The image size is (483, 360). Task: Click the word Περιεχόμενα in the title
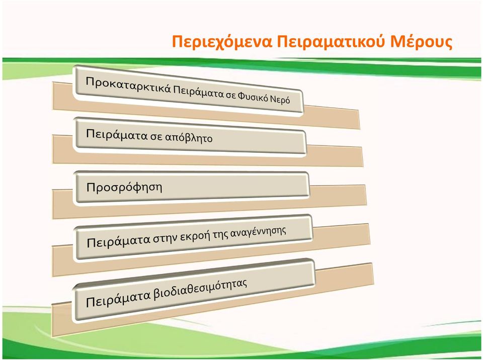point(222,42)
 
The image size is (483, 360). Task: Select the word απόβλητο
point(189,138)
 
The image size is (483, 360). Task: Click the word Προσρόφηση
point(124,188)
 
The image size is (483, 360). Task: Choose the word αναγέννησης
point(258,232)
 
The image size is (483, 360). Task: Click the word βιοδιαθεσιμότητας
point(200,289)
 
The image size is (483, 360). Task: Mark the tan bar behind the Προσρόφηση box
point(209,202)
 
